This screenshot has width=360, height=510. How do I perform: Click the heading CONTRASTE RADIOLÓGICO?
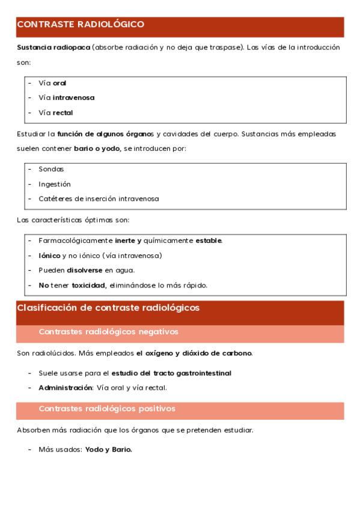(x=81, y=25)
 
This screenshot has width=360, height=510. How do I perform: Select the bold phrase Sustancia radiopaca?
(x=53, y=47)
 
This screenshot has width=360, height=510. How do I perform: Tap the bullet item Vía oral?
(x=52, y=83)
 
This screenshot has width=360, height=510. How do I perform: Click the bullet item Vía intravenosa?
(x=66, y=97)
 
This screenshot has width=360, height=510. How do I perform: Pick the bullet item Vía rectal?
(x=56, y=112)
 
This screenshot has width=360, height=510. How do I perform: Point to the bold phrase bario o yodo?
(x=97, y=148)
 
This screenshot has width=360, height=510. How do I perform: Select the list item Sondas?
(x=51, y=169)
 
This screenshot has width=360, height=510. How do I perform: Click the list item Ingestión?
(x=55, y=184)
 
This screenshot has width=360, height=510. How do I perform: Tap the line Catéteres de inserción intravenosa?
(x=99, y=198)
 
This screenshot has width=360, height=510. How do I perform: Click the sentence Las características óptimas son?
(x=73, y=220)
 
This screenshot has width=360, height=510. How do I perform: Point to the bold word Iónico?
(x=49, y=256)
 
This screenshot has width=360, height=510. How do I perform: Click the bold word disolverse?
(x=85, y=270)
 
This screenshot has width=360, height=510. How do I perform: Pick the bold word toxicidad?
(x=89, y=285)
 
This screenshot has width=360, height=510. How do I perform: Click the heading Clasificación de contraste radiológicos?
(x=108, y=308)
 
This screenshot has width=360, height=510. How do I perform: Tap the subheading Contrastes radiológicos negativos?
(x=108, y=332)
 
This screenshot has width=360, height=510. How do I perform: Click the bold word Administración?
(x=65, y=388)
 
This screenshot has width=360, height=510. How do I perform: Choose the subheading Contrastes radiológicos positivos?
(x=107, y=409)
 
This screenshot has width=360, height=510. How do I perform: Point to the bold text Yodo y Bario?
(x=108, y=449)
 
